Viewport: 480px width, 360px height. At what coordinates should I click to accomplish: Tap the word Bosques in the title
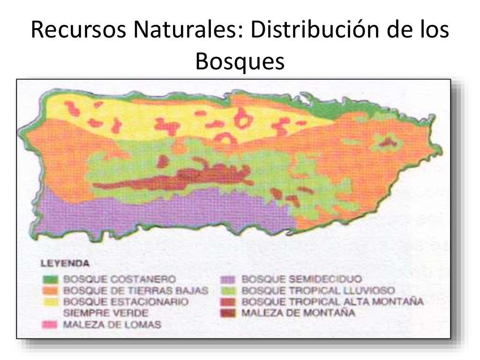coord(240,61)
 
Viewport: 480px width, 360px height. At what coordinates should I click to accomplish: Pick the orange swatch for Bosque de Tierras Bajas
coord(53,290)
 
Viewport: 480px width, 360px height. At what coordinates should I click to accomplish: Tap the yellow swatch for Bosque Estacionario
coord(53,301)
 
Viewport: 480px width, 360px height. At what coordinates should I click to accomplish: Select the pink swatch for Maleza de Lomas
coord(53,324)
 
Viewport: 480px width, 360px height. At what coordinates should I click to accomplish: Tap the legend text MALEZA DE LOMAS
coord(112,324)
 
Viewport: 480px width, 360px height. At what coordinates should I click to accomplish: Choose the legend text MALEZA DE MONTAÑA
coord(298,312)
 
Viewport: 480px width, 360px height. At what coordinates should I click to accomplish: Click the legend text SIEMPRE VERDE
coord(105,312)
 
